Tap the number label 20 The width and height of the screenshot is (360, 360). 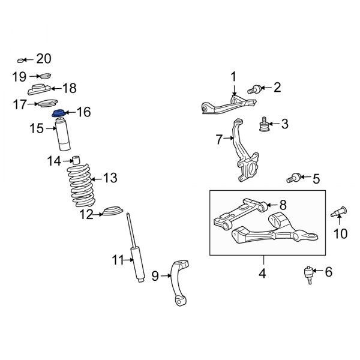pos(44,59)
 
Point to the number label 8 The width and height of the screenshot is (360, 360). pos(283,205)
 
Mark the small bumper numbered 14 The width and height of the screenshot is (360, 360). pos(76,160)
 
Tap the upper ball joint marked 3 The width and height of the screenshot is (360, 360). pos(262,125)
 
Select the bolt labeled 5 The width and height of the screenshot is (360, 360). pos(294,178)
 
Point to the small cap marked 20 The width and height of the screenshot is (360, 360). pos(22,60)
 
